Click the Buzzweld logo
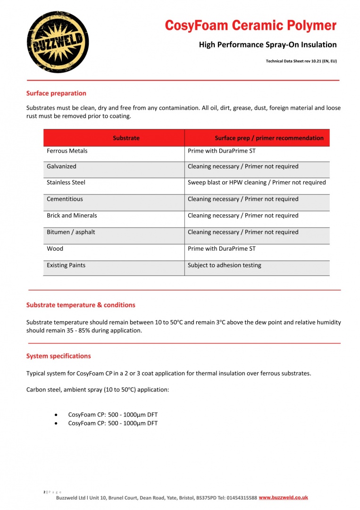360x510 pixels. point(58,42)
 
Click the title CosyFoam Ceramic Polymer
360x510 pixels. point(251,25)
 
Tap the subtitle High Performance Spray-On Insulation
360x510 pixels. point(268,45)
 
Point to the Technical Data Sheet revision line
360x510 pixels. point(301,61)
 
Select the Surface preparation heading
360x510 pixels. point(56,93)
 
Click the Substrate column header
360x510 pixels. point(126,138)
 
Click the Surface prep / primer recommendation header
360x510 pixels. point(269,138)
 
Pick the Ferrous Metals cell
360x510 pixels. point(67,151)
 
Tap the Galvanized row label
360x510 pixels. point(61,166)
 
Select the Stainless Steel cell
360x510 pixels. point(66,182)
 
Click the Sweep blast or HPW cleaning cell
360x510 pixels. point(257,182)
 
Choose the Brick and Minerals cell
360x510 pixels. point(72,215)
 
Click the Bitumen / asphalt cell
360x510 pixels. point(70,232)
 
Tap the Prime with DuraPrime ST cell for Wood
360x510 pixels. point(222,248)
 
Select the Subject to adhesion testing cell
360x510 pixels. point(224,265)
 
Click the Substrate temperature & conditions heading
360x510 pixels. point(81,305)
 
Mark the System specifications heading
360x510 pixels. point(59,356)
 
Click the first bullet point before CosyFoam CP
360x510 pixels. point(57,415)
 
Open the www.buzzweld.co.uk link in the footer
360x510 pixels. point(283,498)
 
